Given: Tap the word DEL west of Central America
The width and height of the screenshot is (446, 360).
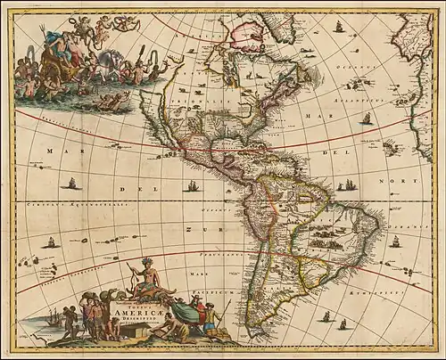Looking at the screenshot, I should [x=127, y=190].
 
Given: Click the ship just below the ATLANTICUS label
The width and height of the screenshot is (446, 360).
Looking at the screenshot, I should [x=367, y=117].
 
